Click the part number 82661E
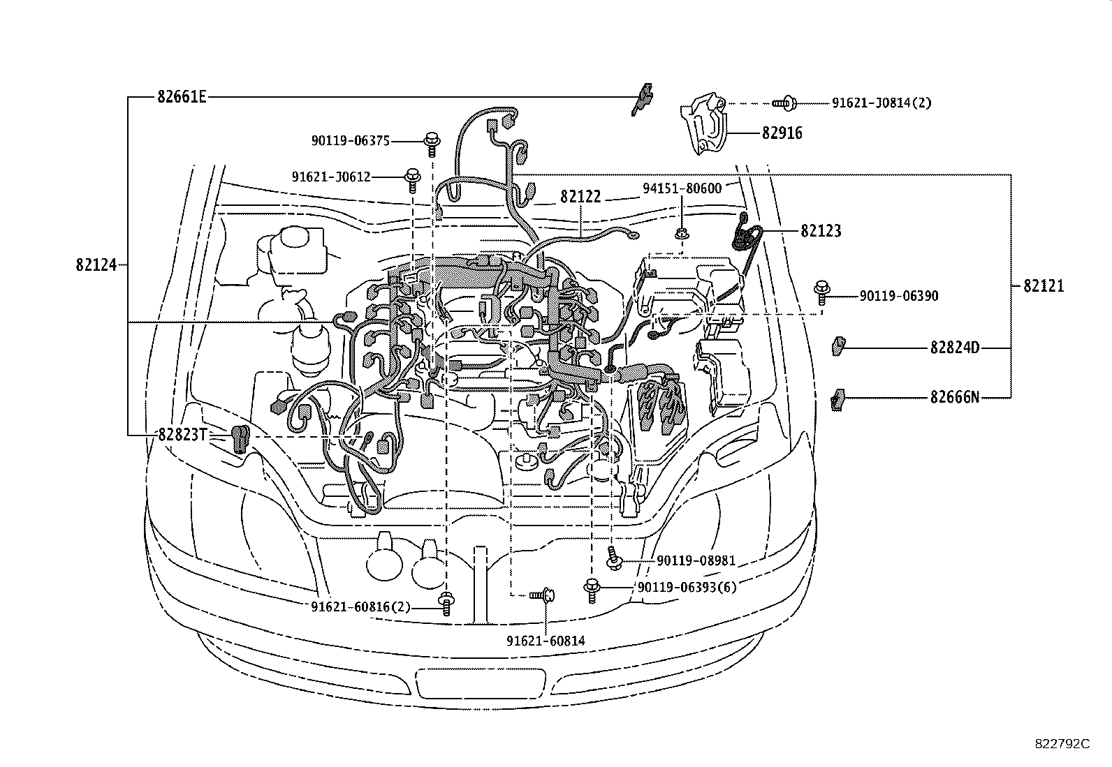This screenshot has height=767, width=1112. coord(182,97)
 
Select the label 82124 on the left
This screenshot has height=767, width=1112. coord(96,265)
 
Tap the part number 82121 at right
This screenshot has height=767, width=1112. coord(1044,285)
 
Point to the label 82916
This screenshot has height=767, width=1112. coord(782,133)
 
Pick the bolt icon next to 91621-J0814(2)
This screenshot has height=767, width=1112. coord(784,103)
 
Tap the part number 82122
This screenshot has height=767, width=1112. coord(580,198)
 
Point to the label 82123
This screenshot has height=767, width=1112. coord(821,231)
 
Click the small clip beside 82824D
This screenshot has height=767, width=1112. coord(837,346)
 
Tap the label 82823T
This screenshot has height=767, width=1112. coord(182,435)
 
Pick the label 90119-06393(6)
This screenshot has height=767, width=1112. coord(687,587)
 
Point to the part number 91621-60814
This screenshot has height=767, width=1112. coord(546,641)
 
